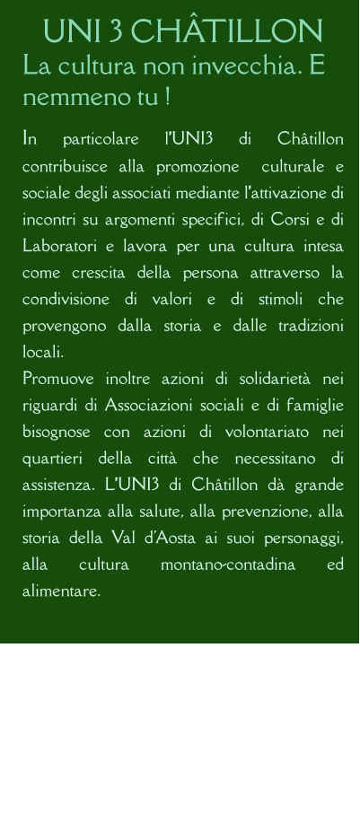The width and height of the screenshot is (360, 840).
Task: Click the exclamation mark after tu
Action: click(168, 94)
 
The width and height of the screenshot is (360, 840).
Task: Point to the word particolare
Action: click(101, 139)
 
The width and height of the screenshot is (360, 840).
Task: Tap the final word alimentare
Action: click(61, 591)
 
